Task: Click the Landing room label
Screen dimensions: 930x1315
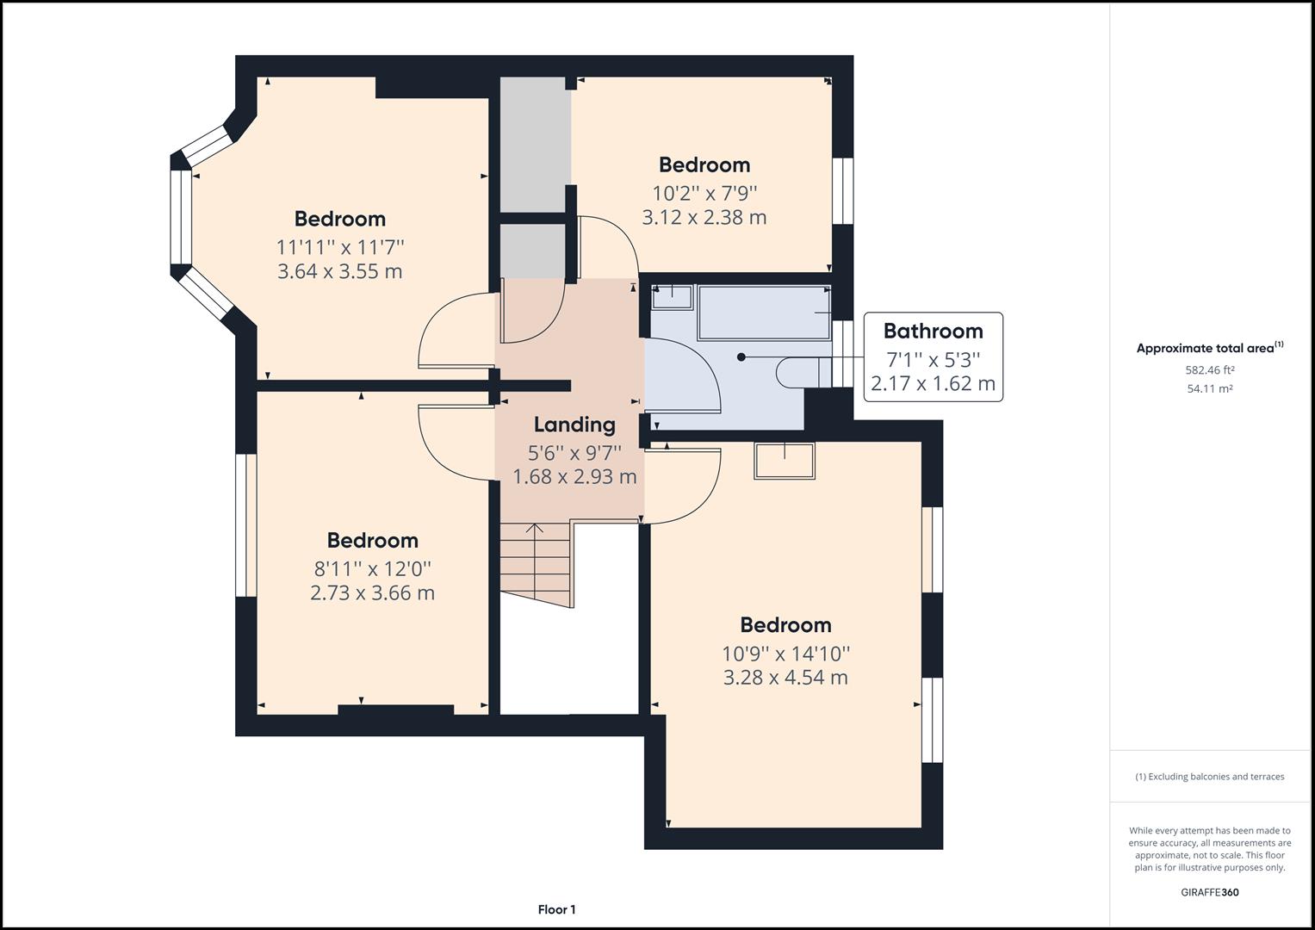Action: coord(574,425)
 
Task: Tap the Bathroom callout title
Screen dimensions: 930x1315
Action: coord(933,331)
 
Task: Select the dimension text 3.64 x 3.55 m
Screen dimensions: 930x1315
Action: coord(339,271)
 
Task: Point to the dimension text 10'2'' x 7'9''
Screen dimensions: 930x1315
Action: coord(704,192)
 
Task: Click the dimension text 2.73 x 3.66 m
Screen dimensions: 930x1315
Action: coord(372,592)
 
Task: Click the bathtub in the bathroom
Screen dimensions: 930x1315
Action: coord(763,313)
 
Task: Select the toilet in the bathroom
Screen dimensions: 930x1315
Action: coord(801,372)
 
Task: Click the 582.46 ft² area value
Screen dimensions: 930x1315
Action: coord(1209,370)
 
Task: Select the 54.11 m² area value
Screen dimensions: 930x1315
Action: coord(1209,388)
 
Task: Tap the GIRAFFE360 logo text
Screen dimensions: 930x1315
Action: coord(1209,892)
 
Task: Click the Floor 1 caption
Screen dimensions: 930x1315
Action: coord(556,909)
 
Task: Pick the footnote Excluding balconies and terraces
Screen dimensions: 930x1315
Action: coord(1209,777)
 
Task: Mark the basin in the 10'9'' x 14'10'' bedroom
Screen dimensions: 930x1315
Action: coord(784,461)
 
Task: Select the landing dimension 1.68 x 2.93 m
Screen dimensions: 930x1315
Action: coord(574,476)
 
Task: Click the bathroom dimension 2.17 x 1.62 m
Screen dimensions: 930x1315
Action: coord(933,383)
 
